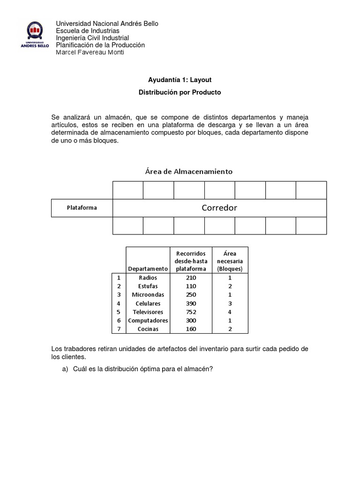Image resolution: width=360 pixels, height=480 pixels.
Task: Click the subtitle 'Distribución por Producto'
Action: point(180,92)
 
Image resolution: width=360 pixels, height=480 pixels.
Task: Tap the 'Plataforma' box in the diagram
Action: point(82,208)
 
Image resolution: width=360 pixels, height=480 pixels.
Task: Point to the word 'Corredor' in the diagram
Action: point(219,208)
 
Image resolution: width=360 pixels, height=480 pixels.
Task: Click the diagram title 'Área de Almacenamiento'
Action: point(188,172)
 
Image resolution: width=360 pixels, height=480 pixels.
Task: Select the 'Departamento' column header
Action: point(148,269)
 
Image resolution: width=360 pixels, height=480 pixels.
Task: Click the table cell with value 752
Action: point(191,312)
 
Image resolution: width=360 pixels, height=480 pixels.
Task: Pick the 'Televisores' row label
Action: point(148,312)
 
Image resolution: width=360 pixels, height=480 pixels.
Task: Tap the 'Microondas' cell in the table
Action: point(148,294)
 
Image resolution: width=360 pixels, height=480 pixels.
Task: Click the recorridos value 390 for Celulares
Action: point(191,303)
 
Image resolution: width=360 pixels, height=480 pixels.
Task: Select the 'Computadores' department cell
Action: point(148,320)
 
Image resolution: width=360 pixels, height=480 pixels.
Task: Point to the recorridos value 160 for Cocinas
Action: point(191,329)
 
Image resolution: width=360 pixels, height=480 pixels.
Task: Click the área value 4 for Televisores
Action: point(230,312)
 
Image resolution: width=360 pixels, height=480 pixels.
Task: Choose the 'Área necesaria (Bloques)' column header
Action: point(230,261)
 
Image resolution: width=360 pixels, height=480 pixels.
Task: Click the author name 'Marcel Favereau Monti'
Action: point(90,52)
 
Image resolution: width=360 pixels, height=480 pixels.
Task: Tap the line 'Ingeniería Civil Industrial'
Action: point(92,38)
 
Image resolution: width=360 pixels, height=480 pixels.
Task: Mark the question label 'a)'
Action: point(65,369)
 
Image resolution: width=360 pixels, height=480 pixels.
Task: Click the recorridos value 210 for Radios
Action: point(191,277)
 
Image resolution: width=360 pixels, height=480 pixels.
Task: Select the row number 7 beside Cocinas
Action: point(119,329)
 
